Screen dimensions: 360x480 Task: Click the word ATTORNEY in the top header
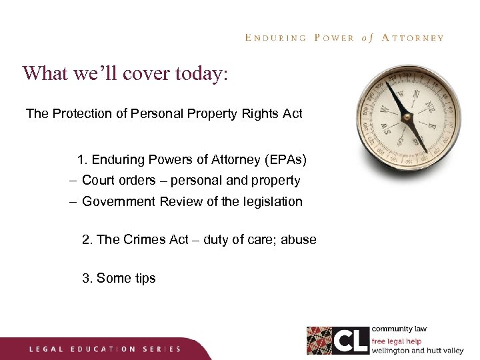click(413, 38)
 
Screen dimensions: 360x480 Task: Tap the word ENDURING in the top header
click(275, 38)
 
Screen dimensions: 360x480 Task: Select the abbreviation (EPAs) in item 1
click(286, 160)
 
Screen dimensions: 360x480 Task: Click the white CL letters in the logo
click(351, 340)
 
